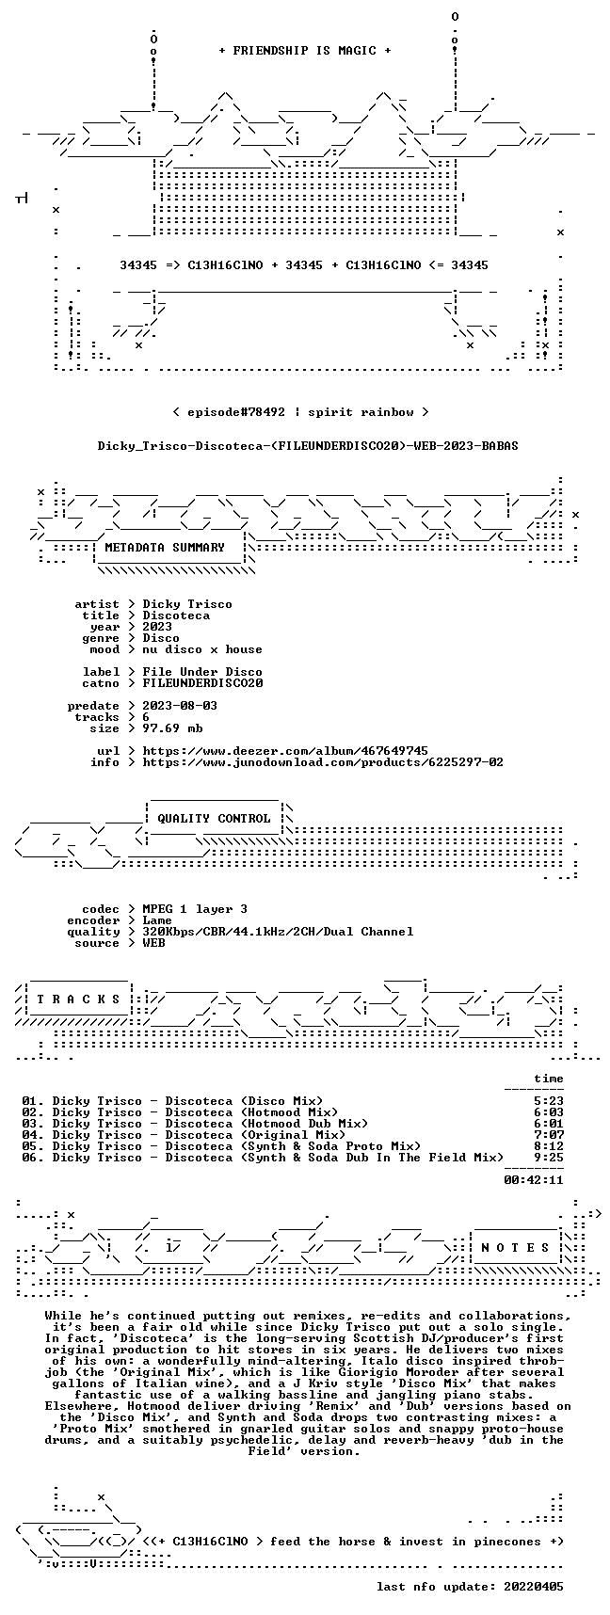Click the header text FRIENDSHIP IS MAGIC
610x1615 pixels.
304,51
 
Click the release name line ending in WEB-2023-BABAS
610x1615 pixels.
308,446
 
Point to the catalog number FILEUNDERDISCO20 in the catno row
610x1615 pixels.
202,683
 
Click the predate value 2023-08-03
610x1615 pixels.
180,706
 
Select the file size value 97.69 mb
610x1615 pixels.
172,728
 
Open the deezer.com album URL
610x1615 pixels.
285,751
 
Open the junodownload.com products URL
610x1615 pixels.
323,762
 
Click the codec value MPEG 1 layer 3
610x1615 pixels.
195,909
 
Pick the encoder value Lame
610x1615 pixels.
157,920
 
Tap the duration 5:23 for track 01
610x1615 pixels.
549,1101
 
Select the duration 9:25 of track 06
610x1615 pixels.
549,1158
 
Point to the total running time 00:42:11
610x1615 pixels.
534,1180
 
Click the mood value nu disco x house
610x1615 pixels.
202,649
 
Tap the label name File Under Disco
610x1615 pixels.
202,672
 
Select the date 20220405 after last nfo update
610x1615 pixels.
534,1587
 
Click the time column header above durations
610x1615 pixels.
549,1079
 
